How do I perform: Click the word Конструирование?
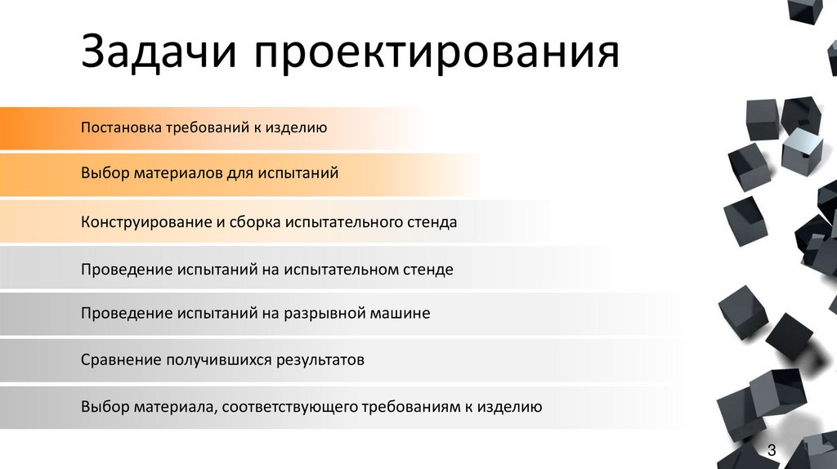(x=145, y=221)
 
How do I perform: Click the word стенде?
(x=427, y=268)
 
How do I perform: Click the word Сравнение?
(x=120, y=360)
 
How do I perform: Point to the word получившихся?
(x=216, y=360)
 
